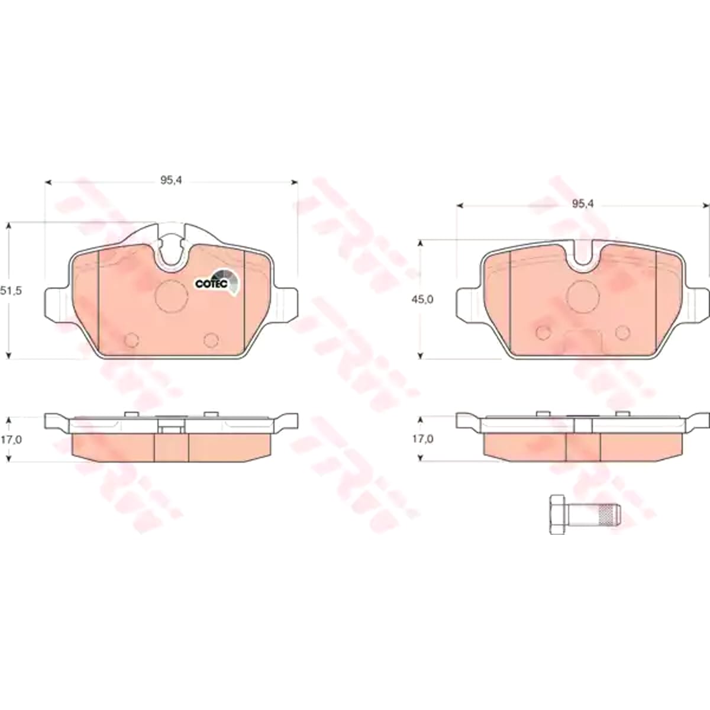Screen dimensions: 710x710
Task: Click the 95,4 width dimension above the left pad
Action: coord(171,180)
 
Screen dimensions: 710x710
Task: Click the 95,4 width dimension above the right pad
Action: coord(583,204)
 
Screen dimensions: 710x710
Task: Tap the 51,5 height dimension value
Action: coord(11,291)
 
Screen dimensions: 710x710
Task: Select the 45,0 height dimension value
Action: coord(422,299)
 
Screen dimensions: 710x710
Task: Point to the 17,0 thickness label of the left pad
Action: coord(11,440)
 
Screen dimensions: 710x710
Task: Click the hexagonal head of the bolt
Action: coord(557,515)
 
